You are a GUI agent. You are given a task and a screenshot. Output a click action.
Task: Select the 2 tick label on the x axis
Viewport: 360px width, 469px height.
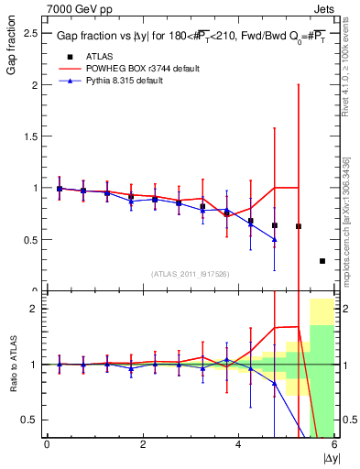[x=142, y=444]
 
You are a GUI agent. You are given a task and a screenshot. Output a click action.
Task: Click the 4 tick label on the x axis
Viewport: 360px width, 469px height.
[x=238, y=444]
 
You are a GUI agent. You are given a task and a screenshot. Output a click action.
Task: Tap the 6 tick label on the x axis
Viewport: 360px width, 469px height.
[x=333, y=444]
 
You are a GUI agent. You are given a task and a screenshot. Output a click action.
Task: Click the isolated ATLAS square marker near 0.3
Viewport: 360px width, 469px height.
[x=322, y=261]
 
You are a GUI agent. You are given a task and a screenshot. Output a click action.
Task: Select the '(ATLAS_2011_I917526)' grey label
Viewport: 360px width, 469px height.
[x=189, y=274]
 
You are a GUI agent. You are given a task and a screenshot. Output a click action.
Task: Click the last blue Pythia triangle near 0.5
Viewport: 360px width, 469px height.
[x=274, y=239]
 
